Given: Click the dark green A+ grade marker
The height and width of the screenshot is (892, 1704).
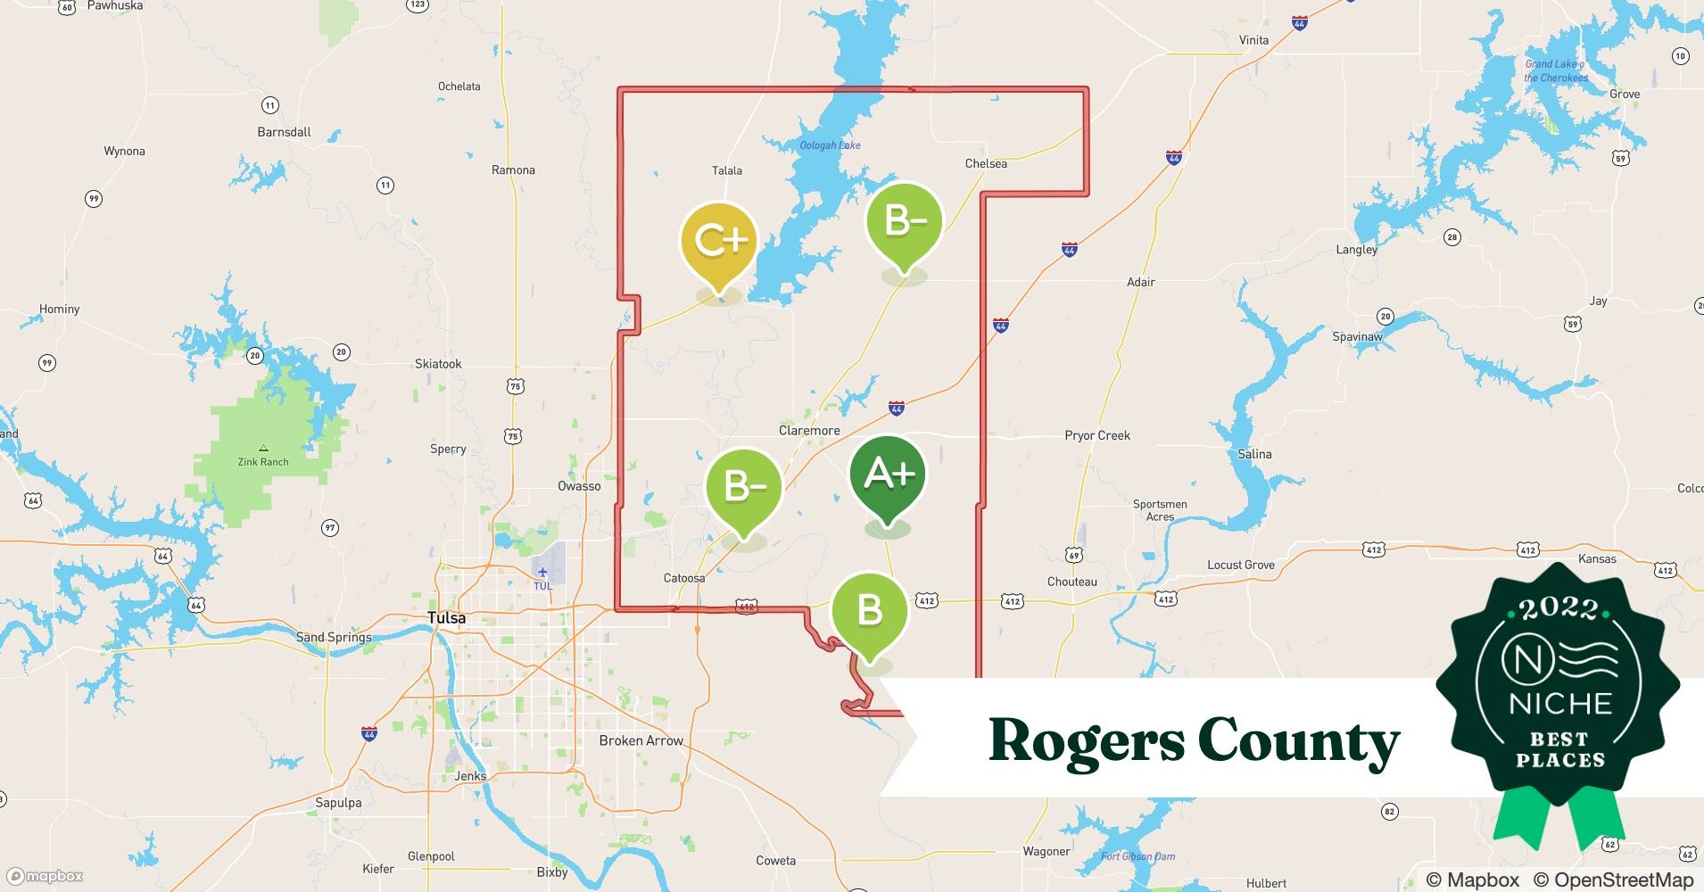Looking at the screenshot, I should tap(888, 476).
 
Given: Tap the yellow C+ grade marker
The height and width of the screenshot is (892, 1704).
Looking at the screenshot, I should tap(719, 242).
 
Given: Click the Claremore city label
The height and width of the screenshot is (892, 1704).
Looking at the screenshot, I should tap(809, 431).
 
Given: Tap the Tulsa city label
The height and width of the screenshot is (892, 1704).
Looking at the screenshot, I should tap(446, 618).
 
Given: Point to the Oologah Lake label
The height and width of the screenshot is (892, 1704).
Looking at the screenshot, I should tap(830, 145).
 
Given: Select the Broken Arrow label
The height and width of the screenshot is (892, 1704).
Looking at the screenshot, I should tap(641, 741).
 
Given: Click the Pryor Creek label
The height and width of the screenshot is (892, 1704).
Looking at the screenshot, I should tap(1096, 436).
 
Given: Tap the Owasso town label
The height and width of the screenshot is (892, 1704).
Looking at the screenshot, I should tap(579, 486).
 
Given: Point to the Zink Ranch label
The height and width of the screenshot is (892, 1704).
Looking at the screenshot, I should tap(263, 462).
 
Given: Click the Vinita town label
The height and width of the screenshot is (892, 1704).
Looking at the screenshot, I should tap(1253, 40).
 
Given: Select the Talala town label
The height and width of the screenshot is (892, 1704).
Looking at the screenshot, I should tap(727, 170).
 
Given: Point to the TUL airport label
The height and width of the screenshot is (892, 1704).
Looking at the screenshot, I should tap(542, 586).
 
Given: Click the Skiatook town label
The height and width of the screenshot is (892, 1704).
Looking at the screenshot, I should tap(438, 364).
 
